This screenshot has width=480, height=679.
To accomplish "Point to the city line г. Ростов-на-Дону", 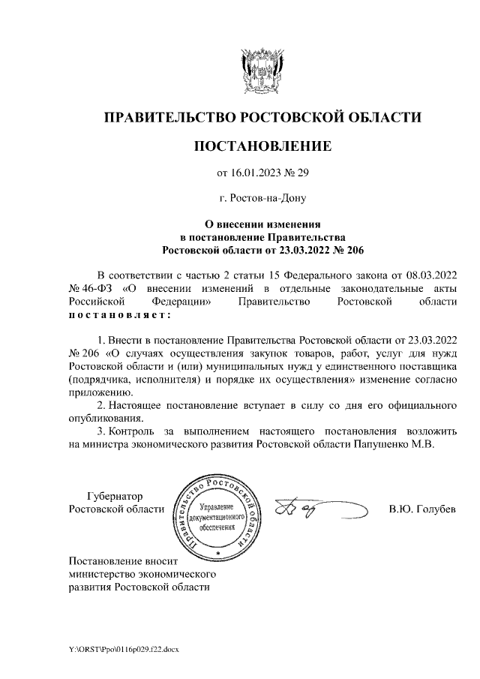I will pyautogui.click(x=262, y=199).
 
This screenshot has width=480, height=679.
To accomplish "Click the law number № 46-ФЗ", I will pyautogui.click(x=89, y=287).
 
